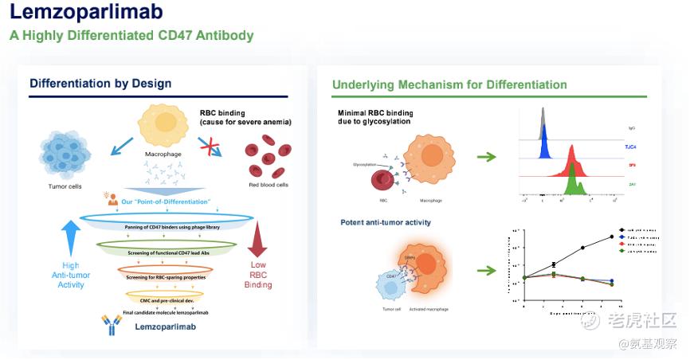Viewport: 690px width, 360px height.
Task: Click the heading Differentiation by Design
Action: pos(100,84)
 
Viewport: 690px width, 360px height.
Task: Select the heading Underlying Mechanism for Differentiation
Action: pos(449,84)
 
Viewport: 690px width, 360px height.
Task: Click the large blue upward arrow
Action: pos(71,240)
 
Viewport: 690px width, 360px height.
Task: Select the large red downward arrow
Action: pos(257,243)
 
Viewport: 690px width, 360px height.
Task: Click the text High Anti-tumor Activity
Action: pos(71,276)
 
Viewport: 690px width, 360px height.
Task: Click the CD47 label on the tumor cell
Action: pos(390,276)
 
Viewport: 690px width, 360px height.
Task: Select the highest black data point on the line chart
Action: pos(612,236)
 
